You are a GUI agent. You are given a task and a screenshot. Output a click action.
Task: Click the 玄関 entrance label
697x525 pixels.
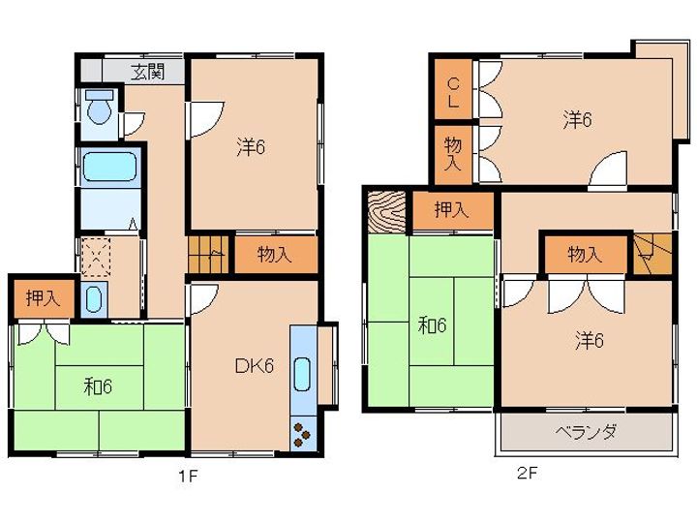point(148,72)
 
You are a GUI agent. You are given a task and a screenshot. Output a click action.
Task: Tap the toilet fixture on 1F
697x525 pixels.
point(100,107)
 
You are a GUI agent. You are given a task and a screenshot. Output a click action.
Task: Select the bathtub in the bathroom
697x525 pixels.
point(109,167)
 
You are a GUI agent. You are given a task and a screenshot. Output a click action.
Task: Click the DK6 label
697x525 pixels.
point(254,366)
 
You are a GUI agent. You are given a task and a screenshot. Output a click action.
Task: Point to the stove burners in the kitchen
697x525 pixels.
point(302,434)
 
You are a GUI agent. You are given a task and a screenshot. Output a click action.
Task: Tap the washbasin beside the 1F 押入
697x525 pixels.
point(94,299)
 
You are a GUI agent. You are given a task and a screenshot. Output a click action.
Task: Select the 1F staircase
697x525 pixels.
point(208,254)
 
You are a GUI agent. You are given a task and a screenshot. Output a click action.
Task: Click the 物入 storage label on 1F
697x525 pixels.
point(275,255)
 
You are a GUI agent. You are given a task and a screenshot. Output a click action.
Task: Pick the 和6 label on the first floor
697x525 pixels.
point(98,386)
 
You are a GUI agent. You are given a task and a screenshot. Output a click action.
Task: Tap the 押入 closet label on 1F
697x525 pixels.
point(43,298)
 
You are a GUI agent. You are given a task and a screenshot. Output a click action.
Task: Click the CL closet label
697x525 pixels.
point(453,92)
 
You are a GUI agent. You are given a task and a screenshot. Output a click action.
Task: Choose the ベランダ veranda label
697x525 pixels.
point(586,431)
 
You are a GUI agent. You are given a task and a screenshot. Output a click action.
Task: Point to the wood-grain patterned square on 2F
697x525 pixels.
point(387,212)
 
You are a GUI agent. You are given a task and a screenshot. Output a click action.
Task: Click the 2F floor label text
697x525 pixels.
point(527,473)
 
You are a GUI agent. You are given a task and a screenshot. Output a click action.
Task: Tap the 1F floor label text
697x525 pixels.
point(188,477)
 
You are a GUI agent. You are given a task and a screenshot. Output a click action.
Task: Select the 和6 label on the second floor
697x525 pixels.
point(432,326)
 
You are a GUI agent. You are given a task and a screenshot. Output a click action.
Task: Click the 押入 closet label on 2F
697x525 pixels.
point(452,210)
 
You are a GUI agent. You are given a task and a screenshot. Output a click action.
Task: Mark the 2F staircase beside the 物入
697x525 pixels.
point(652,254)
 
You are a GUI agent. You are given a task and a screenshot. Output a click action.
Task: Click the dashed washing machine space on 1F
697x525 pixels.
point(95,258)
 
